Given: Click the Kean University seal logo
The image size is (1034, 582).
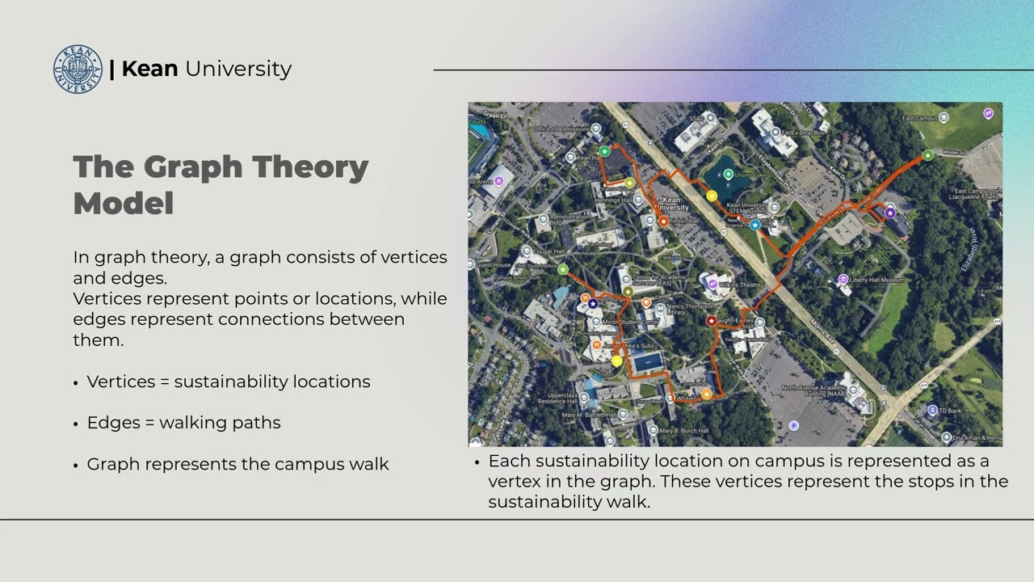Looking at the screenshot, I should tap(78, 69).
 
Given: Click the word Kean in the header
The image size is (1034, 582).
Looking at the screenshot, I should tap(149, 69).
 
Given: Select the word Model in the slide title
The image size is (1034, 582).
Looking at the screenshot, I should tap(124, 204).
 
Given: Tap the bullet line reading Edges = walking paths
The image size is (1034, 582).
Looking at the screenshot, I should tap(183, 422).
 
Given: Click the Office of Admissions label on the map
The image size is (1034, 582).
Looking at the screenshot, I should tap(563, 129).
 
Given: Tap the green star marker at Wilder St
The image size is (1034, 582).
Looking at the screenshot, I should tap(928, 155).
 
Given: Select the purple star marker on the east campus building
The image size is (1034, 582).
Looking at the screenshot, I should tap(889, 213).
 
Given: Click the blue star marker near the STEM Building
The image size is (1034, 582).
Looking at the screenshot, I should tap(755, 226).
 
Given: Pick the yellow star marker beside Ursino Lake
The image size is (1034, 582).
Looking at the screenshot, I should tap(712, 196).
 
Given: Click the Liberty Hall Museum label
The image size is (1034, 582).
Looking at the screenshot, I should tap(876, 280).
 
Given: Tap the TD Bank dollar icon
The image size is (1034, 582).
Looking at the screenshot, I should tap(933, 411).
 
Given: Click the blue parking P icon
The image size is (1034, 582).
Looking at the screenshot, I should tap(793, 425).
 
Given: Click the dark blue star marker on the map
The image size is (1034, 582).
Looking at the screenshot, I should tap(593, 304).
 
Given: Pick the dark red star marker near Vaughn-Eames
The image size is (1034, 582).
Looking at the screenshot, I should tap(711, 321).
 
